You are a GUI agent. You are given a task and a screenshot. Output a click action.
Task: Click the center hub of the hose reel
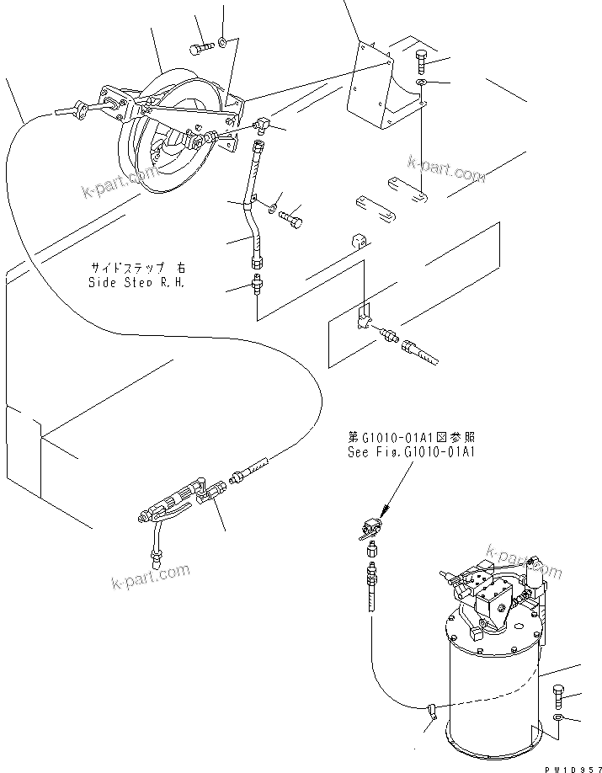[162, 152]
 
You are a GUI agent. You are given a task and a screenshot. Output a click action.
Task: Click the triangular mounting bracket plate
[371, 88]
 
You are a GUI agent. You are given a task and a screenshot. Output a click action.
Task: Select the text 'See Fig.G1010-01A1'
[412, 451]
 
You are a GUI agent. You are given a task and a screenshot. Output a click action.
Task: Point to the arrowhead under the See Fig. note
[384, 510]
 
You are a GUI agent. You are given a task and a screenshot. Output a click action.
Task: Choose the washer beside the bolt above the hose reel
[221, 41]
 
